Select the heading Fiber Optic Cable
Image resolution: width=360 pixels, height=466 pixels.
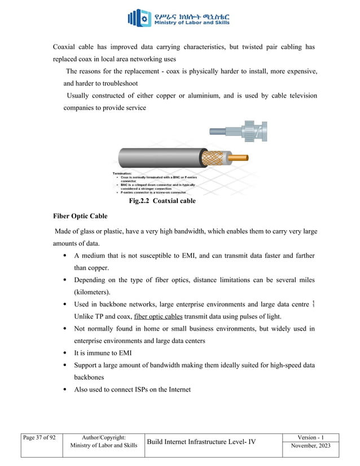pos(81,216)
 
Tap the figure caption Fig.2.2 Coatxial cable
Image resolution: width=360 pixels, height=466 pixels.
pos(162,201)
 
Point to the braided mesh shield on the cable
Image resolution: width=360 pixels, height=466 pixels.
pos(213,157)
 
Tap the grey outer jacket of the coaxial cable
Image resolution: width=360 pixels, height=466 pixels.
pos(158,157)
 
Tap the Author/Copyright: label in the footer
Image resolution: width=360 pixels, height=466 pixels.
pos(103,438)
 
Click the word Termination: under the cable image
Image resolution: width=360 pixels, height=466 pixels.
pos(122,173)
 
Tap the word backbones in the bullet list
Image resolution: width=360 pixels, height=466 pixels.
pos(91,377)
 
